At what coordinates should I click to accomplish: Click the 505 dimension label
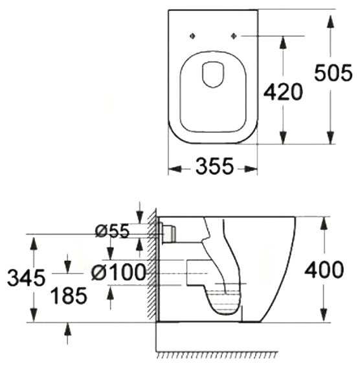point(333,73)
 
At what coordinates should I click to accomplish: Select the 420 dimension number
point(283,92)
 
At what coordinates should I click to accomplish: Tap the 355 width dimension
point(214,166)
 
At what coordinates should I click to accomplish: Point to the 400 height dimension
point(324,269)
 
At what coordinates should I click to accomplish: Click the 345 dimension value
point(26,277)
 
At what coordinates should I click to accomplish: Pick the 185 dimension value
point(69,295)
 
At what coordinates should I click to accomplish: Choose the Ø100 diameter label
point(118,272)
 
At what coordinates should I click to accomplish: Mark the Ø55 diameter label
point(112,231)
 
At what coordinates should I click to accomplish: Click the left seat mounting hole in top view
point(192,36)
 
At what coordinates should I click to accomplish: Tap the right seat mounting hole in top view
point(234,36)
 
